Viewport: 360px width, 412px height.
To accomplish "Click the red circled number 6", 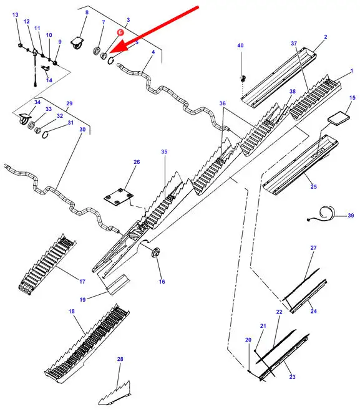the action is pyautogui.click(x=120, y=32).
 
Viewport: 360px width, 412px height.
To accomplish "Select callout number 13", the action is pyautogui.click(x=16, y=15).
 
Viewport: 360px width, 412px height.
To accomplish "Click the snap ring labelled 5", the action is pyautogui.click(x=111, y=60).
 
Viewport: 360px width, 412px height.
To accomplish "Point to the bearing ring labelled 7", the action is pyautogui.click(x=97, y=50).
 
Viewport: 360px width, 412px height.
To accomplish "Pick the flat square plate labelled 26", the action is pyautogui.click(x=119, y=196).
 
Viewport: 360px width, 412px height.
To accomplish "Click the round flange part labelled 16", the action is pyautogui.click(x=155, y=252).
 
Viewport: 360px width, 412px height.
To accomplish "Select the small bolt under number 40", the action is pyautogui.click(x=243, y=78).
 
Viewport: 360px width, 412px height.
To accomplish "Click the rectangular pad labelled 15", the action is pyautogui.click(x=339, y=117).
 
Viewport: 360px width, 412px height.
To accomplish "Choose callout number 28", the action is pyautogui.click(x=120, y=359).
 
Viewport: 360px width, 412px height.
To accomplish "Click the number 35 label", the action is pyautogui.click(x=164, y=151).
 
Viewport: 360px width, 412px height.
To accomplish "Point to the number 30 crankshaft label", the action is pyautogui.click(x=82, y=130).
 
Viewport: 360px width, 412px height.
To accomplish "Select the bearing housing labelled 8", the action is pyautogui.click(x=77, y=43).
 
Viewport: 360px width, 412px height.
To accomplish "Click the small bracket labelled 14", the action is pyautogui.click(x=46, y=69).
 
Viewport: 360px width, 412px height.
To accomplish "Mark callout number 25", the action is pyautogui.click(x=313, y=186).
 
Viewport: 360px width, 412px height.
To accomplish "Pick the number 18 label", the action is pyautogui.click(x=72, y=311).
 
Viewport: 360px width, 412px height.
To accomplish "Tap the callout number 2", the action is pyautogui.click(x=326, y=37).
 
